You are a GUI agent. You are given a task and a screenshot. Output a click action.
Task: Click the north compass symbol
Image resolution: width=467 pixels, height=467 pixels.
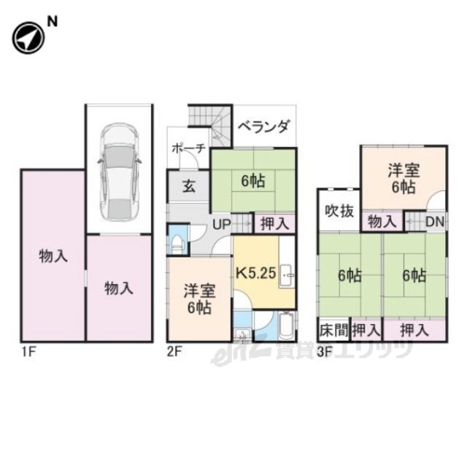click(28, 38)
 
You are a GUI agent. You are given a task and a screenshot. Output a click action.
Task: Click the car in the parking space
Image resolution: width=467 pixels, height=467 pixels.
click(119, 172)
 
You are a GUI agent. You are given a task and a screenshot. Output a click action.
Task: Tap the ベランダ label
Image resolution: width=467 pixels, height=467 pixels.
click(263, 126)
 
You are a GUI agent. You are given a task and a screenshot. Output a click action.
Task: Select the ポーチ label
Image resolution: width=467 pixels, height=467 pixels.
click(189, 148)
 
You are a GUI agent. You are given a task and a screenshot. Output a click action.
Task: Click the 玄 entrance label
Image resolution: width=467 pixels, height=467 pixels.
click(189, 187)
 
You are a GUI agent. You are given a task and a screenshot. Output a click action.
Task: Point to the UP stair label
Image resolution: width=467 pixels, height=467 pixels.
click(222, 224)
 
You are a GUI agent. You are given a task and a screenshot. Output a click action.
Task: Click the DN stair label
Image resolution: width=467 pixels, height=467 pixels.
click(435, 222)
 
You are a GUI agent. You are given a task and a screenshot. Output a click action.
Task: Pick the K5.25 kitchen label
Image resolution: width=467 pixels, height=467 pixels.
click(256, 273)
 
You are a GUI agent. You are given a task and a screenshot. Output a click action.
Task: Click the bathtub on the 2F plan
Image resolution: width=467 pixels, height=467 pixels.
click(287, 326)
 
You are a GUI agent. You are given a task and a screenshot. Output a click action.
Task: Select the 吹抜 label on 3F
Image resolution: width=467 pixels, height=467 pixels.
click(339, 211)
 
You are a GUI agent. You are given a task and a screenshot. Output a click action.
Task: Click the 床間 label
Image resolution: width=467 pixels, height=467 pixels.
click(334, 330)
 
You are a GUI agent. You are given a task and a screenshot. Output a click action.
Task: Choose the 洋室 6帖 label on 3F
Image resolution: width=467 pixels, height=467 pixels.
click(404, 179)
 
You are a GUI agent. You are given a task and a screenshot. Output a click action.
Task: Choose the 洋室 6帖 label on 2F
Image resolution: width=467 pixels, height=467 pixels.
click(199, 299)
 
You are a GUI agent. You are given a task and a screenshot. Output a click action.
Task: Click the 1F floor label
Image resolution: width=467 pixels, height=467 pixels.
click(28, 352)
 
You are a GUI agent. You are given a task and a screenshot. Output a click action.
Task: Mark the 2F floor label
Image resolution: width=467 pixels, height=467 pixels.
click(174, 352)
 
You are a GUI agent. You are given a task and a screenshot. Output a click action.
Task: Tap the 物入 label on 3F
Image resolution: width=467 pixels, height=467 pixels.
click(382, 222)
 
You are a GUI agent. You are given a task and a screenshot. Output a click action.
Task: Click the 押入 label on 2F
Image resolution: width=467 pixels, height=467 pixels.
click(274, 223)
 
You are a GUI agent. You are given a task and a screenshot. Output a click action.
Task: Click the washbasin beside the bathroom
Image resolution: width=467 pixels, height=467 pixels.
click(242, 334)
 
